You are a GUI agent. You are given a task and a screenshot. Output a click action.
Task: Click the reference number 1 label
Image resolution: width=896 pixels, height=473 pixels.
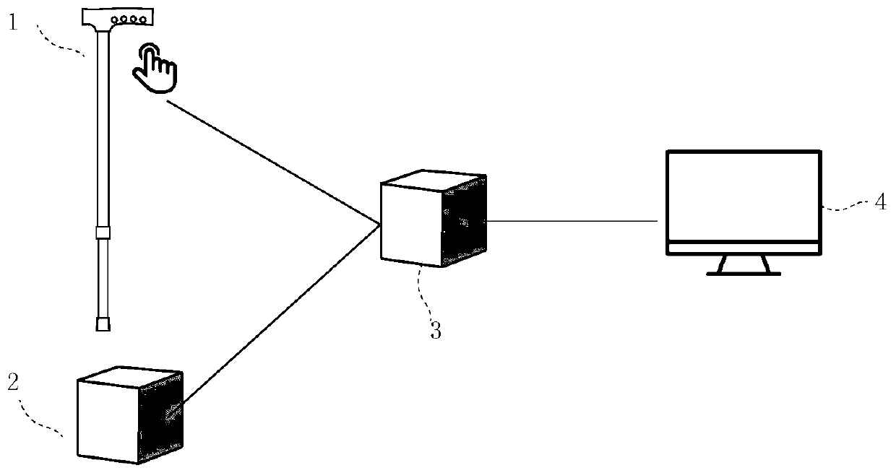[13, 22]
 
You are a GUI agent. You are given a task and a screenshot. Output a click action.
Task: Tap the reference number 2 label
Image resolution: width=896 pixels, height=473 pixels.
[13, 383]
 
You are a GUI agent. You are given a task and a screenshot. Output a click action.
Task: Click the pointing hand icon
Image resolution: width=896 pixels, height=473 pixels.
[154, 69]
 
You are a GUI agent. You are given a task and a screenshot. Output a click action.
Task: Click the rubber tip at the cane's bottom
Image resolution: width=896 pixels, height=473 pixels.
[103, 324]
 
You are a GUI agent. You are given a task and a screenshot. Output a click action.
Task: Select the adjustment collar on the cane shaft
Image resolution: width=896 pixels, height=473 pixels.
[103, 233]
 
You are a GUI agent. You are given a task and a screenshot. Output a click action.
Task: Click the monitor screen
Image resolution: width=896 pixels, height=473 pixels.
[743, 196]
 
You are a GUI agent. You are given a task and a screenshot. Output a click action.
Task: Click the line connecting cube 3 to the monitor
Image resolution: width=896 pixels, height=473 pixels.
[571, 220]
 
